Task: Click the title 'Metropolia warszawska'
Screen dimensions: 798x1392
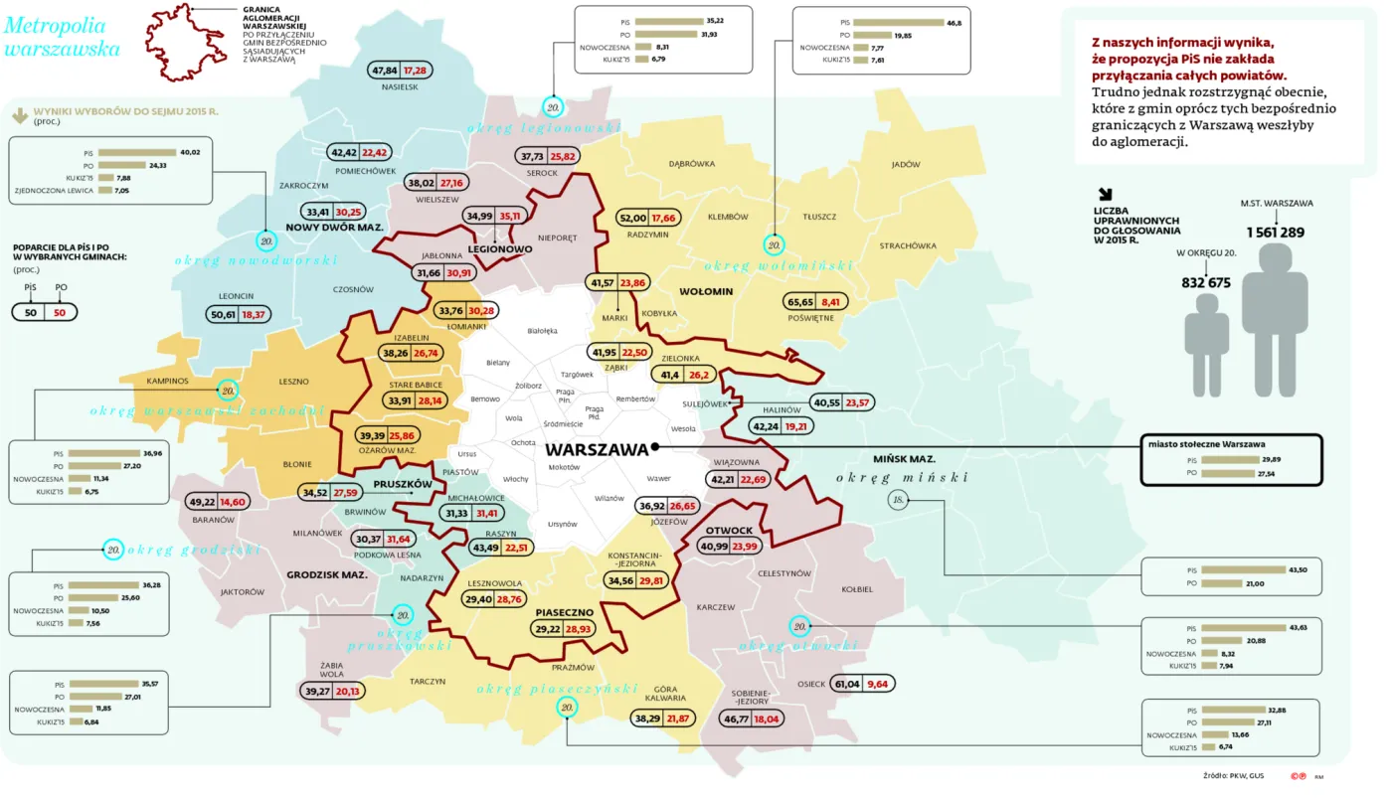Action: (62, 37)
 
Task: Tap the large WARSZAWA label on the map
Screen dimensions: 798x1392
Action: (597, 449)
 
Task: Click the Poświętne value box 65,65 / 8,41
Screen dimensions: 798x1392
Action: (814, 301)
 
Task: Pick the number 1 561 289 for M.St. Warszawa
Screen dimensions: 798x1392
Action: (1275, 233)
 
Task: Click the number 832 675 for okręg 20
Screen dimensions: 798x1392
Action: (1206, 282)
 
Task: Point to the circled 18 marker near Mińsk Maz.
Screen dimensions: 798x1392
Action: (898, 500)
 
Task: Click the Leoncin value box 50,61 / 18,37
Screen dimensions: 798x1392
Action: (239, 314)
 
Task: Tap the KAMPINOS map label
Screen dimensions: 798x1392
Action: (167, 381)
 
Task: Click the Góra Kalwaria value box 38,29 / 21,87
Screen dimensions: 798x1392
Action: (662, 718)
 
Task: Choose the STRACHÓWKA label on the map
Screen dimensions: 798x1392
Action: (908, 245)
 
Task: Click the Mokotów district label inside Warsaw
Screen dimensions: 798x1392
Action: (564, 467)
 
